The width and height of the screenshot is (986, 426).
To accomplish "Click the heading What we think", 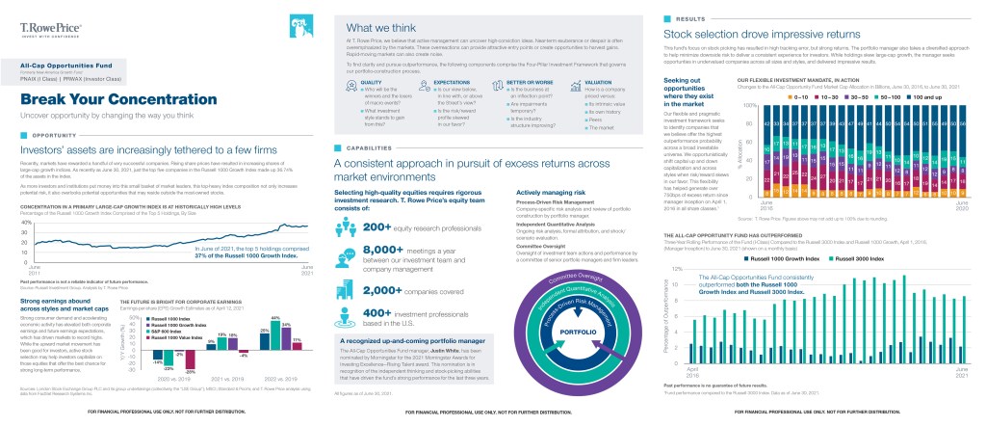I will [x=379, y=28].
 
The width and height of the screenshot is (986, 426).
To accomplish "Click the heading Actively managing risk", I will [x=534, y=194].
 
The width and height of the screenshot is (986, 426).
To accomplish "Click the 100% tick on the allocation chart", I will [x=746, y=104].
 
